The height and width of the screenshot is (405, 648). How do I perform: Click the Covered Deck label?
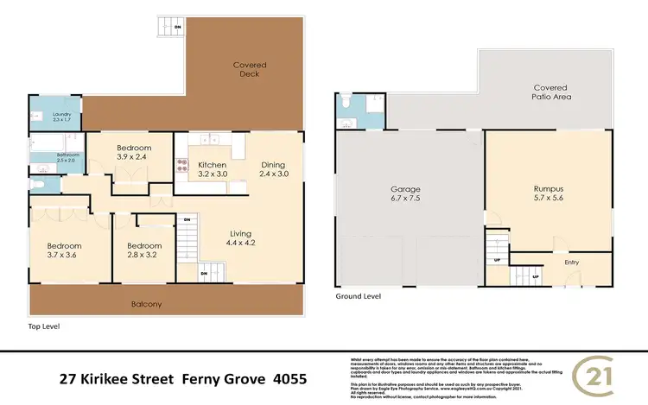tap(249, 70)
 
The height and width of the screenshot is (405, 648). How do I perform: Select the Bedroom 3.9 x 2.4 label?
tap(134, 153)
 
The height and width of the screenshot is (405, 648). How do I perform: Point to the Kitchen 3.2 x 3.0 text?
tap(212, 169)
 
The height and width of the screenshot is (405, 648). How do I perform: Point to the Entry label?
tap(572, 263)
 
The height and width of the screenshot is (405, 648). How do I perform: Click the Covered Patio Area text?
tap(550, 92)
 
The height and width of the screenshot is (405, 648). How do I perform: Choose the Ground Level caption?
tap(359, 295)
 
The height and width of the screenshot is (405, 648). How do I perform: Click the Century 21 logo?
tap(610, 377)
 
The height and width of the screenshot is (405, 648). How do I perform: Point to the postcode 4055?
tap(288, 378)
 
